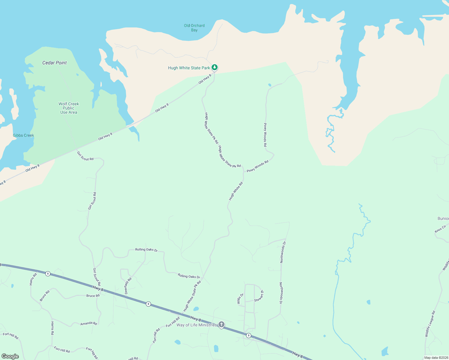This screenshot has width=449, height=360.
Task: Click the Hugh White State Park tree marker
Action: click(214, 67)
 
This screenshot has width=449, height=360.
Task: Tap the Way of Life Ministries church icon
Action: click(221, 324)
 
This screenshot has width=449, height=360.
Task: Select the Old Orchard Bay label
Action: click(194, 28)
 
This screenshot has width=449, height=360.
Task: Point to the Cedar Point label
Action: click(54, 63)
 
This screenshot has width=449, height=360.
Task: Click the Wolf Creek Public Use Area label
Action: click(69, 108)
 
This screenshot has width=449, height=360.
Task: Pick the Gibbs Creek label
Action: click(23, 135)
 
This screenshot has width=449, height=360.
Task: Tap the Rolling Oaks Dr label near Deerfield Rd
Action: click(146, 249)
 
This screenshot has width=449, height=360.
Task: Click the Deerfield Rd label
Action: click(128, 286)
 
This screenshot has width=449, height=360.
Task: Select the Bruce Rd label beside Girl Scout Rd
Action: click(93, 296)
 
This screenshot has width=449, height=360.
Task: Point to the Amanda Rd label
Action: click(89, 323)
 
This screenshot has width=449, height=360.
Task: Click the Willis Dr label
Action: click(240, 299)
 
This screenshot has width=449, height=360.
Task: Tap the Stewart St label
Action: click(259, 296)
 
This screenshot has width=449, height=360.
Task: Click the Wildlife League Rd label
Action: click(430, 324)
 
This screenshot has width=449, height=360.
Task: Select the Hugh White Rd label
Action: click(236, 191)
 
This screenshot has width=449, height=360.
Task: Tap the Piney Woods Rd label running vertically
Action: click(265, 135)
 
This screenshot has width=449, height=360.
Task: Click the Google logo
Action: click(10, 356)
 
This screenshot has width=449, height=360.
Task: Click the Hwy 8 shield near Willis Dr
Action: click(249, 335)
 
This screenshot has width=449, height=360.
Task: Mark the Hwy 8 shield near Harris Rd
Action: click(48, 274)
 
